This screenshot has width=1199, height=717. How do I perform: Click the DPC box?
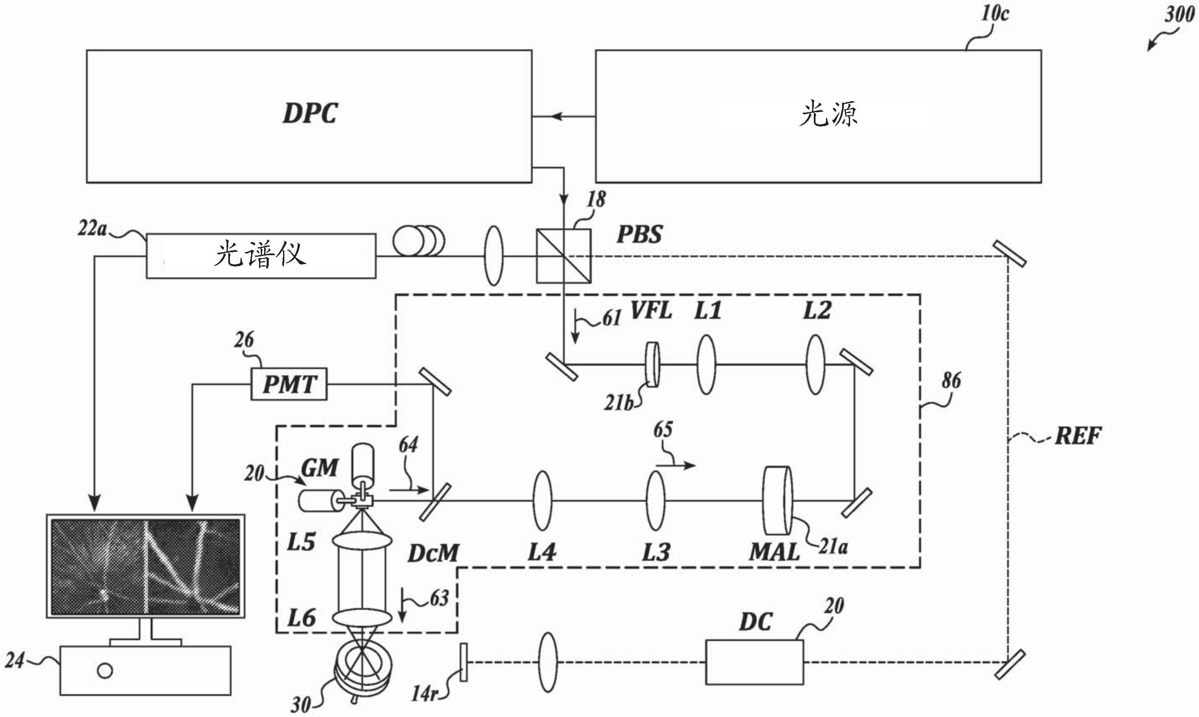point(309,116)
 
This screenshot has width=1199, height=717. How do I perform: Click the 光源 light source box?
point(818,116)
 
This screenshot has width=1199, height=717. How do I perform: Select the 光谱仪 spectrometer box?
point(261,256)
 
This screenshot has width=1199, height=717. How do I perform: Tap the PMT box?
point(289,384)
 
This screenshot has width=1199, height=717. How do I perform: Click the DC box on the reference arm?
point(754,662)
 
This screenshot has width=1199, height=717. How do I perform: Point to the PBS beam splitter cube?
point(564,256)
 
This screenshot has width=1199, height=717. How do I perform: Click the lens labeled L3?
point(656,501)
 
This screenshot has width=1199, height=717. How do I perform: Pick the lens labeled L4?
point(542,501)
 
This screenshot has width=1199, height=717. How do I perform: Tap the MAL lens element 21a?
point(778,500)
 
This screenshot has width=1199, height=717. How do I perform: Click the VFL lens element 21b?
point(653,365)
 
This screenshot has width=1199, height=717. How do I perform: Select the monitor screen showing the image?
point(146,567)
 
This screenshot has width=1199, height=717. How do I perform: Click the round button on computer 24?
point(105,671)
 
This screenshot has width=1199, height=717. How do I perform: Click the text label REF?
point(1077,436)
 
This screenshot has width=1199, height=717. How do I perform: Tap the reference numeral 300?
point(1179,14)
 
